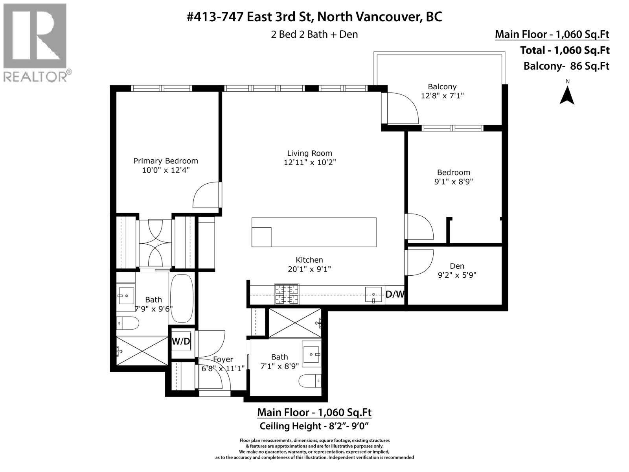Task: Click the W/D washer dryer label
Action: pyautogui.click(x=181, y=341)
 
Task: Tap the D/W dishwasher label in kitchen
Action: pyautogui.click(x=395, y=294)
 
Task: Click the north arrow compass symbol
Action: pyautogui.click(x=567, y=94)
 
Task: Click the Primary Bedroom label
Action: pyautogui.click(x=166, y=161)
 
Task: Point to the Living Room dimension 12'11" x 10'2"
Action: pyautogui.click(x=310, y=162)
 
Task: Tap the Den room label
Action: pyautogui.click(x=457, y=266)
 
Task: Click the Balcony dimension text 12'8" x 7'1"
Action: pyautogui.click(x=442, y=96)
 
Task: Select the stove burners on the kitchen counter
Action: pyautogui.click(x=287, y=294)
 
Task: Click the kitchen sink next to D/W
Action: pyautogui.click(x=373, y=295)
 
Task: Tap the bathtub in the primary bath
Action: pyautogui.click(x=182, y=298)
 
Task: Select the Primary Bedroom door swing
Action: pyautogui.click(x=206, y=195)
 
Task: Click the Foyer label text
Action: pyautogui.click(x=223, y=359)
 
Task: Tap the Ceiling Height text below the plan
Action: pyautogui.click(x=314, y=426)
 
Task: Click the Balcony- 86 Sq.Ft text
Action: pyautogui.click(x=566, y=66)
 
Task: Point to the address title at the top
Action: pyautogui.click(x=314, y=17)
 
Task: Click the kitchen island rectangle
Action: pyautogui.click(x=322, y=232)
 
